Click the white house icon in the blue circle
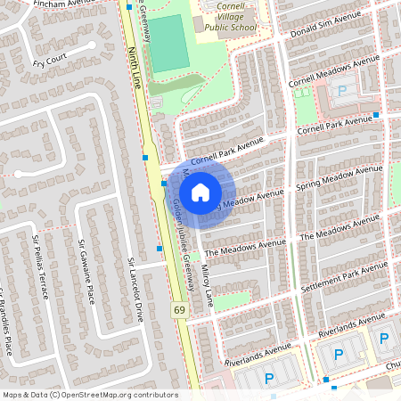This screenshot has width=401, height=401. (200, 192)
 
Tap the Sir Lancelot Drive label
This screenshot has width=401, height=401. (135, 278)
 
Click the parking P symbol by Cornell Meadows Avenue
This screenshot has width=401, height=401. (340, 90)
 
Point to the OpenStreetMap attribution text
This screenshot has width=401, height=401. (89, 395)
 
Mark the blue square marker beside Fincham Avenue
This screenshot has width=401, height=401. (130, 7)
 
